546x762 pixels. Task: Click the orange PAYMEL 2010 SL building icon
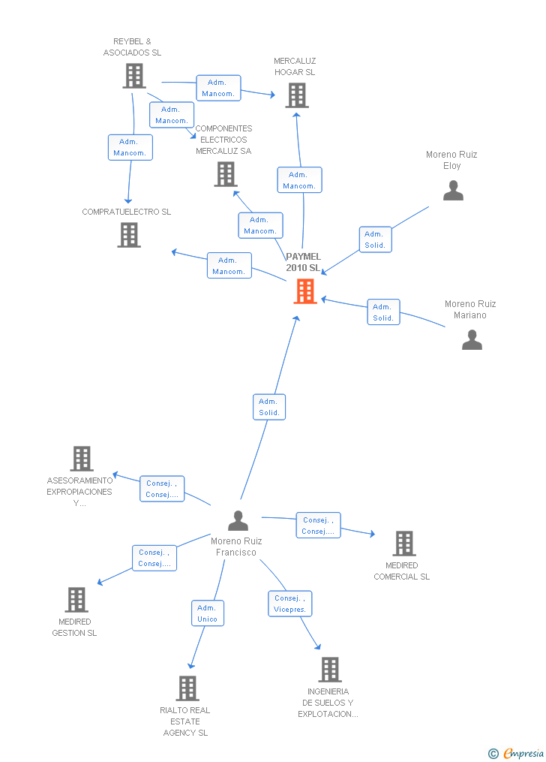click(x=304, y=291)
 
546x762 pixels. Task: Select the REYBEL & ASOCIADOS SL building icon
click(x=133, y=76)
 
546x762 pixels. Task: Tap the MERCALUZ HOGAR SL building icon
click(x=297, y=95)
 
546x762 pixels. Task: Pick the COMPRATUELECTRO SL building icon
click(x=129, y=235)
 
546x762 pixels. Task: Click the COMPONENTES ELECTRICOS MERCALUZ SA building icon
click(x=226, y=174)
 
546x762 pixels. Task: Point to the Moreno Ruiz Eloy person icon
click(x=453, y=191)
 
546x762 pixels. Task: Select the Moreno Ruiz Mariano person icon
click(x=472, y=340)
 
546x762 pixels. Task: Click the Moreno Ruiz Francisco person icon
click(x=238, y=520)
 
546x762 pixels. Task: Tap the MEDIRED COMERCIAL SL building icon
click(x=404, y=544)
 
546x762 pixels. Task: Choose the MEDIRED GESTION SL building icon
click(x=76, y=600)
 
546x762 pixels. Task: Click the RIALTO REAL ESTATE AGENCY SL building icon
click(x=187, y=688)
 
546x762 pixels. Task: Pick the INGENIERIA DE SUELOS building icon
click(x=330, y=670)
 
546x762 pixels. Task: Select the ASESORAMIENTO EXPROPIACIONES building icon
click(x=82, y=459)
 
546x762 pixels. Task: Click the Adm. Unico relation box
click(x=207, y=613)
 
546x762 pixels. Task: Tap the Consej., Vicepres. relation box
click(x=289, y=604)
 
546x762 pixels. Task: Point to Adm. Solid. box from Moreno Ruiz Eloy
click(x=375, y=239)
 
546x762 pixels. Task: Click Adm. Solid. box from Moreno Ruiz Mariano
click(x=383, y=312)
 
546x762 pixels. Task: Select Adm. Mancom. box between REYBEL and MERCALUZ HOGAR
click(x=218, y=88)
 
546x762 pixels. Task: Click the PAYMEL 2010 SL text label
click(x=303, y=262)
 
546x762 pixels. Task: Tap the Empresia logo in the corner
click(x=517, y=753)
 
